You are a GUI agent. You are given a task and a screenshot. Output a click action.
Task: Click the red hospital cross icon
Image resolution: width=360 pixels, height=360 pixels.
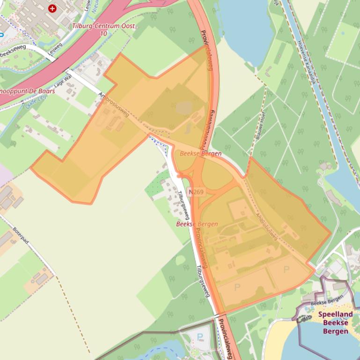coord(52,8)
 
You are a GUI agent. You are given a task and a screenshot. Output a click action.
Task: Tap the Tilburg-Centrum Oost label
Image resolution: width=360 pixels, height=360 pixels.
coord(103,26)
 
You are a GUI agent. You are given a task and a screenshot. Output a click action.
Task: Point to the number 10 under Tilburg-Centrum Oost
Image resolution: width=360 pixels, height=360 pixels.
coord(103,34)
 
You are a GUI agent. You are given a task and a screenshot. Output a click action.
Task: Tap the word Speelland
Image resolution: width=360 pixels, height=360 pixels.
coord(335,315)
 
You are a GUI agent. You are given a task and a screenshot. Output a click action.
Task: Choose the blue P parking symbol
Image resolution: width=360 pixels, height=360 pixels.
coord(201,336)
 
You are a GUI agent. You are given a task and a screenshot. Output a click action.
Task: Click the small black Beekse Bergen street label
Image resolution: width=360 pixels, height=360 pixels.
coord(327,302)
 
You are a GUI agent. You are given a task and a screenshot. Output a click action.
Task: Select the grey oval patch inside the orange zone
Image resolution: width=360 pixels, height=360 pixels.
coord(184,108)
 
